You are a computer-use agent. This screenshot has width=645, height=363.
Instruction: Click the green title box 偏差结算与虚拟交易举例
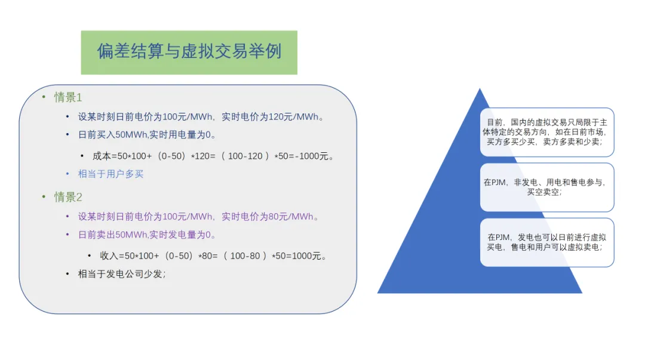pos(189,52)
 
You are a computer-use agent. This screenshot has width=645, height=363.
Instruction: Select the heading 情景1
pos(68,97)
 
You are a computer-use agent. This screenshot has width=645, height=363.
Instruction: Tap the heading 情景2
pos(68,197)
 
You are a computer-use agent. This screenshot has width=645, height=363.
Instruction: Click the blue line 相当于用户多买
pos(110,174)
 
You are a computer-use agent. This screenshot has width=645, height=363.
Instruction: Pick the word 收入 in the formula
pos(109,256)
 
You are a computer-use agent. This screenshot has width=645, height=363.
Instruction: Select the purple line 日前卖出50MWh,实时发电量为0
pos(147,235)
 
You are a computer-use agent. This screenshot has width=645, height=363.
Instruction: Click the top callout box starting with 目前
pos(546,132)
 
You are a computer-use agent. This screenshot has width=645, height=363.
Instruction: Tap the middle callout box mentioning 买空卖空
pos(546,187)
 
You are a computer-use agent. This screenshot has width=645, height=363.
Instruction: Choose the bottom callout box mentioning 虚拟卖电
pos(546,242)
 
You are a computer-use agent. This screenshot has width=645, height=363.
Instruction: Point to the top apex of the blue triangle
pos(480,90)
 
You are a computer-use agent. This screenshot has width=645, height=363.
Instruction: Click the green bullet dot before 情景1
pos(44,97)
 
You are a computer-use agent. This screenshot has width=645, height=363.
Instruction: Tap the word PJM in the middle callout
pos(498,182)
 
